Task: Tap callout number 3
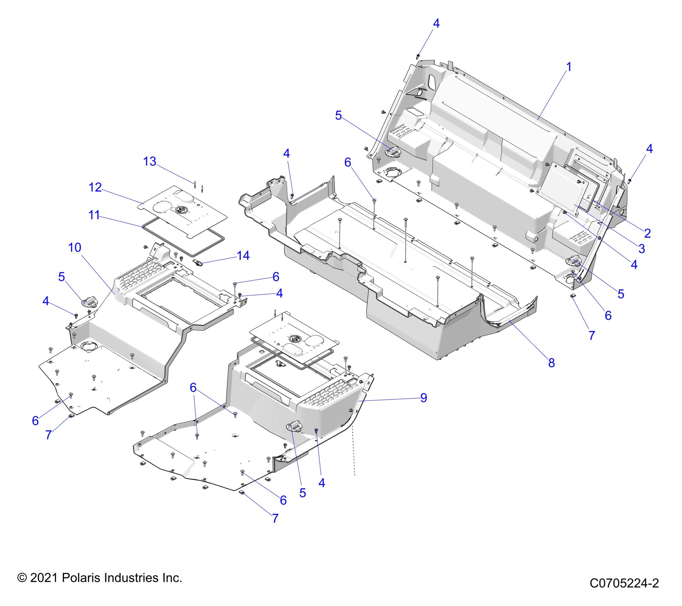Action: (x=642, y=248)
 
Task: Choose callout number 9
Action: (x=424, y=397)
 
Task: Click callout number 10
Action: (x=75, y=247)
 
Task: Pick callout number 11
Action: (x=94, y=215)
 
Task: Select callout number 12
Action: (x=95, y=187)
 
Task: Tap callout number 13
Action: (x=150, y=161)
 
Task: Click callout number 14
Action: (x=243, y=255)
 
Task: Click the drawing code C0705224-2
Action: (x=624, y=583)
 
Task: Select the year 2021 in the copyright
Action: (x=44, y=577)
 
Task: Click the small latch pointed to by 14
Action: (x=199, y=263)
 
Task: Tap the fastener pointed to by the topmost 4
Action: (x=418, y=56)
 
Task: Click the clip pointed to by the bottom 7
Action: (x=241, y=493)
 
